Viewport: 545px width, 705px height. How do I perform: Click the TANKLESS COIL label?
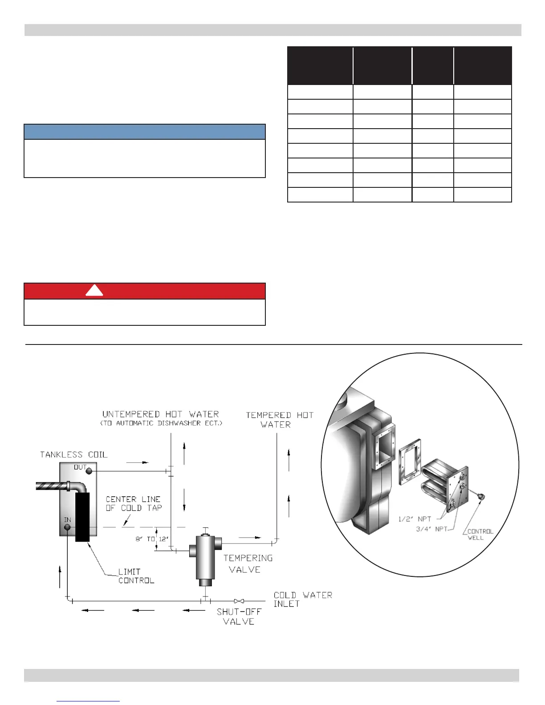click(73, 454)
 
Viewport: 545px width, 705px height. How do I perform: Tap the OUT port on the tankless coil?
click(89, 471)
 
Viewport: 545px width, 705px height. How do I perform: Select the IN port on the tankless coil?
click(67, 527)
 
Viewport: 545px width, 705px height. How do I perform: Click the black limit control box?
click(82, 516)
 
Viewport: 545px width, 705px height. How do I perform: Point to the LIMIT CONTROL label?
click(136, 576)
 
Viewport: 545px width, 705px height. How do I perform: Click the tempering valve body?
click(205, 556)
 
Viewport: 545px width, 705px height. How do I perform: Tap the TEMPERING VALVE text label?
click(248, 563)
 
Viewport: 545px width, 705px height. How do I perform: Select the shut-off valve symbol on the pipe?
click(239, 601)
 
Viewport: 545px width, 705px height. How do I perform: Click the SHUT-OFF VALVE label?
click(239, 616)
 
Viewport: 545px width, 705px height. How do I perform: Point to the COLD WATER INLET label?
click(303, 599)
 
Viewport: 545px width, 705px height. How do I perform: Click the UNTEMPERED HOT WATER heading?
click(161, 414)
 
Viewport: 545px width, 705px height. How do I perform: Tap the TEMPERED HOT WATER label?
click(280, 420)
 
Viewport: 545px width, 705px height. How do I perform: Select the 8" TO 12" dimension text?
click(152, 539)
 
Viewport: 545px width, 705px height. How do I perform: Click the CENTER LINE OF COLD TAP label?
click(134, 503)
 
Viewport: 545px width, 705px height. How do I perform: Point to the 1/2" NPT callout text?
click(415, 519)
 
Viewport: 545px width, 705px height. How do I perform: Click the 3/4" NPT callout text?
click(431, 529)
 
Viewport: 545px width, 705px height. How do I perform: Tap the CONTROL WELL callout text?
click(480, 535)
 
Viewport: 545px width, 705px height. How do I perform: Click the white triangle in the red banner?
click(94, 291)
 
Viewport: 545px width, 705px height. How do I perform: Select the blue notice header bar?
click(145, 132)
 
